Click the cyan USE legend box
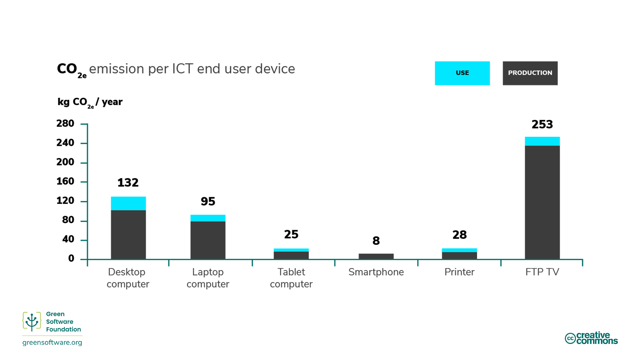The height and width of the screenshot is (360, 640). pos(462,73)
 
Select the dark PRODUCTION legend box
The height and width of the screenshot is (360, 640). pos(530,73)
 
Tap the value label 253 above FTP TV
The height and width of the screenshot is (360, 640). pos(542,125)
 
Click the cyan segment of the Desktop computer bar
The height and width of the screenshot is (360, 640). pos(128,203)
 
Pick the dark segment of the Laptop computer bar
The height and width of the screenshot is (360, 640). pos(208,240)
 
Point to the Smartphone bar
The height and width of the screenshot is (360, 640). pos(376,256)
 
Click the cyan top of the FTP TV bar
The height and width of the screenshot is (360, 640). pos(542,141)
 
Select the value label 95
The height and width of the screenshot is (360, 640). pos(208,201)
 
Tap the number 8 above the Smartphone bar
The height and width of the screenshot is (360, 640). pos(376,241)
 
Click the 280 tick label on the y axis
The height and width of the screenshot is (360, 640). pos(65,124)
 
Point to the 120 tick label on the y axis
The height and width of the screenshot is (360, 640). pos(65,201)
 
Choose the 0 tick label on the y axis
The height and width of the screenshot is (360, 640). pos(71,258)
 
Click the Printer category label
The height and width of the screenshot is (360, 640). pos(459,272)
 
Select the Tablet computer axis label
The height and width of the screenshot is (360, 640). pos(291,278)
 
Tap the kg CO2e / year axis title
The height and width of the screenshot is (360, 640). pos(90,102)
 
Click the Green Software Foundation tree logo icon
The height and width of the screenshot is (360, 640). pos(32,321)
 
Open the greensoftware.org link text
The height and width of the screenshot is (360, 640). pos(52,342)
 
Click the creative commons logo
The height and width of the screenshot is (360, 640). pos(591,338)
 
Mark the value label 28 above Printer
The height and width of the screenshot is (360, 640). pos(459,235)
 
